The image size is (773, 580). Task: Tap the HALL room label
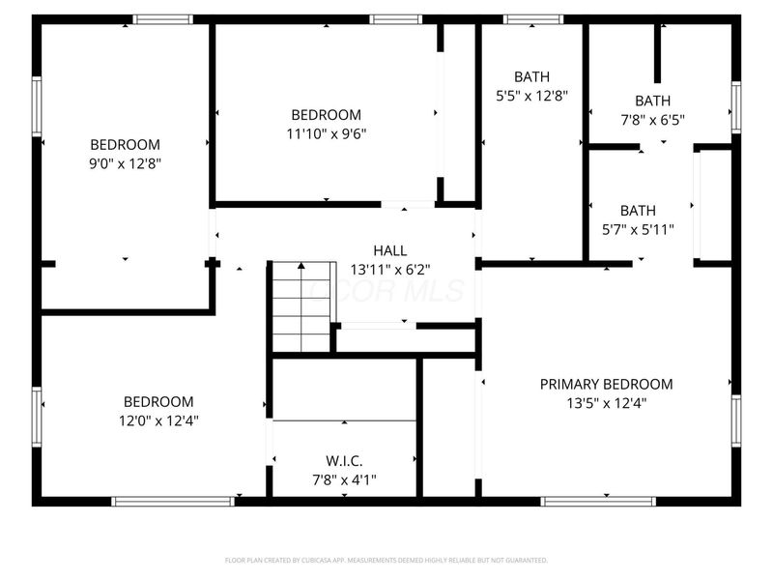[x=391, y=250]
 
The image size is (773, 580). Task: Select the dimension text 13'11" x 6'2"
[x=391, y=270]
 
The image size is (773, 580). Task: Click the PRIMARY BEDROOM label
[x=606, y=384]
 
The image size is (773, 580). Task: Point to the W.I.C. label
[x=344, y=460]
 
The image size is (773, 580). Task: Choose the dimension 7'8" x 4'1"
[x=344, y=478]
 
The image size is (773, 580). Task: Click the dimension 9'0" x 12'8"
[x=125, y=163]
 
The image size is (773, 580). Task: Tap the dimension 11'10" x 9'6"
[x=327, y=133]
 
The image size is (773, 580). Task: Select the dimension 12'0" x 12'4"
[x=158, y=420]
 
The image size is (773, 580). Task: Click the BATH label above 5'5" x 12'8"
[x=531, y=76]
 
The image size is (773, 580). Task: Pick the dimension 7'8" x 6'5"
[x=652, y=120]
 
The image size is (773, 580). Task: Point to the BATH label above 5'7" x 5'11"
[x=638, y=210]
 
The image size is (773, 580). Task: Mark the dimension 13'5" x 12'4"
[x=606, y=403]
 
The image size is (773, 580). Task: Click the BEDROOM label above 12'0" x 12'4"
[x=158, y=401]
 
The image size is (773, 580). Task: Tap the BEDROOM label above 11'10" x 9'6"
[x=327, y=114]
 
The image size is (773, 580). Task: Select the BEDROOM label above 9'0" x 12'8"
[x=125, y=144]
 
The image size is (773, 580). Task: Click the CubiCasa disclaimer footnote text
[x=386, y=560]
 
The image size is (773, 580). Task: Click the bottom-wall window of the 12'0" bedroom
[x=173, y=501]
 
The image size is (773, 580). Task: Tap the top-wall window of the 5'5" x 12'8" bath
[x=533, y=18]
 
